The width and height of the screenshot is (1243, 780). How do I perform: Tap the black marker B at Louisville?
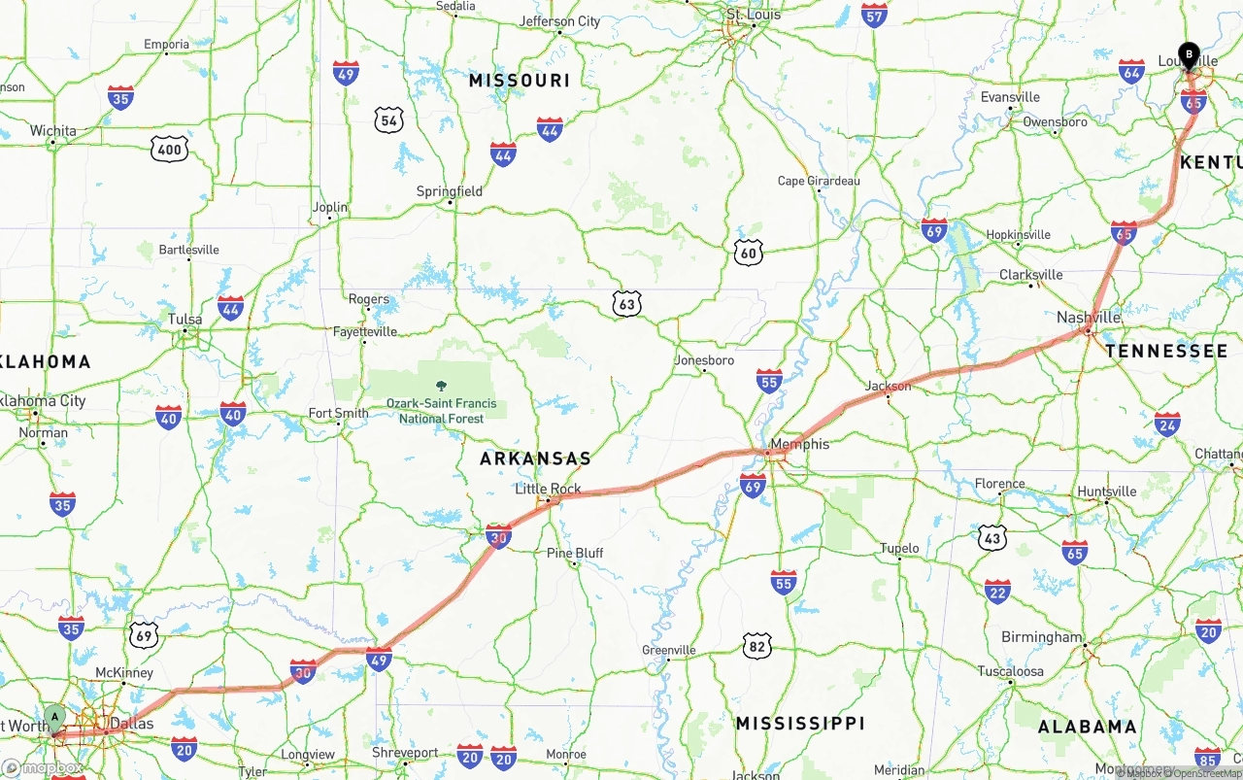coord(1188,55)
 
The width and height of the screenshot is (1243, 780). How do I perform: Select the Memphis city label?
coord(800,444)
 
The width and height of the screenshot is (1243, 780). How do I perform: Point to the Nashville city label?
coord(1089,318)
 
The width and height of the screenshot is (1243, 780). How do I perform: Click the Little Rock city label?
coord(548,489)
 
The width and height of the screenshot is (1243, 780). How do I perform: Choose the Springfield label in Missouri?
coord(450,191)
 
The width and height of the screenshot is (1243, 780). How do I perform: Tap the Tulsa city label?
coord(185,319)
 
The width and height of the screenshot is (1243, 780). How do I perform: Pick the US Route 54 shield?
coord(389,120)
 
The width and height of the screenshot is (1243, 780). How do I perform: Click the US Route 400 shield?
coord(169,149)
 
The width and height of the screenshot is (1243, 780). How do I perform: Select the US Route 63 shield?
coord(627,305)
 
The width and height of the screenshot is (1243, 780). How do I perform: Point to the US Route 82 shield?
coord(757,645)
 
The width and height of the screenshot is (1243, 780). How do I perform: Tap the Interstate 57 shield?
coord(874,16)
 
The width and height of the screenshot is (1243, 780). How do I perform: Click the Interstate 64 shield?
coord(1131,71)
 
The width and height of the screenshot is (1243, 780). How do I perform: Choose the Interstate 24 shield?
coord(1167,424)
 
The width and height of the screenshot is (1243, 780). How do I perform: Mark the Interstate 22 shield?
coord(997,592)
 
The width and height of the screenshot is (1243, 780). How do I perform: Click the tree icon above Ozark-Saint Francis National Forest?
coord(442,386)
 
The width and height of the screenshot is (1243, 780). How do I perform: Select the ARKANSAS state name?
coord(535,458)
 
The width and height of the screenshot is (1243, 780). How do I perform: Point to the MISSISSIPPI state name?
coord(799,724)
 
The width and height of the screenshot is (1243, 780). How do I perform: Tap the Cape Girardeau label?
coord(819,181)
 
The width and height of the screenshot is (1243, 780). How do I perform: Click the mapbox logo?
coord(42,768)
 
